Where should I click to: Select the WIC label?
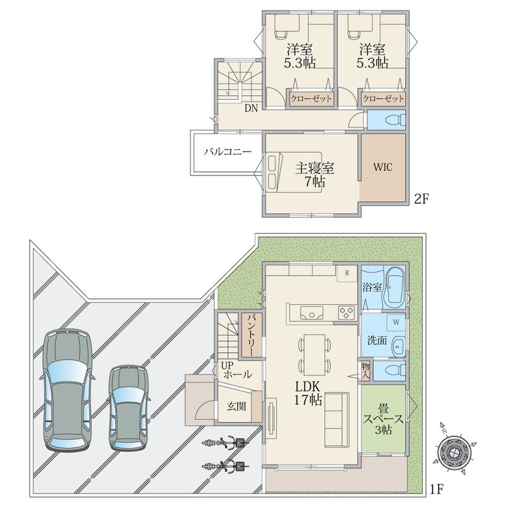pos(383,167)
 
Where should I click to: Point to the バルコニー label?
pos(228,152)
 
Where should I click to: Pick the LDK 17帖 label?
pos(308,393)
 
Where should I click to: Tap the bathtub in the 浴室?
pos(393,288)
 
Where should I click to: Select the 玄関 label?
pos(236,406)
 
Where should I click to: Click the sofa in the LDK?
pos(337,420)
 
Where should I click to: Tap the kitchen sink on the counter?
pos(312,312)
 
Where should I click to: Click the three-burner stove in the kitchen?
pos(347,312)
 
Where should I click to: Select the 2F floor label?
pos(422,199)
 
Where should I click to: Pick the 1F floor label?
pos(436,489)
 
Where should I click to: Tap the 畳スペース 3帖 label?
pos(384,418)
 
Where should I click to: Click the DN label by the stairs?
pos(251,108)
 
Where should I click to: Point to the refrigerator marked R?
pos(347,273)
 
